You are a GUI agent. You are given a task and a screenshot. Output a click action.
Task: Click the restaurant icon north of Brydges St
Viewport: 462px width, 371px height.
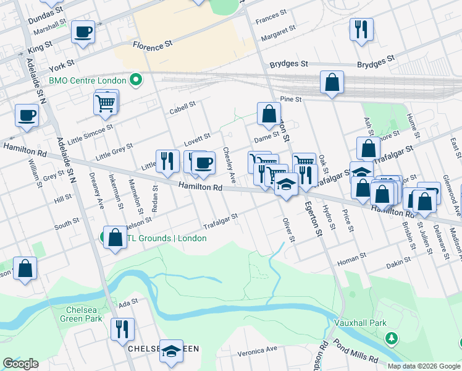361,29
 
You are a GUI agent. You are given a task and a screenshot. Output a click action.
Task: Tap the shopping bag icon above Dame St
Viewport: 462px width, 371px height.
269,113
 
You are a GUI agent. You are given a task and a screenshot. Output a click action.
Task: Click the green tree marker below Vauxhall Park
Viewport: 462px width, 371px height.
390,338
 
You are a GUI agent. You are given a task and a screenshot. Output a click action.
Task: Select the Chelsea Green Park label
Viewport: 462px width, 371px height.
81,314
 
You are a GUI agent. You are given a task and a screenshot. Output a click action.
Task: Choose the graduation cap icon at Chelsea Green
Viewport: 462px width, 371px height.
171,350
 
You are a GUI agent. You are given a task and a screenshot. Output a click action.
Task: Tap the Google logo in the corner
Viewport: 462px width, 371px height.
20,364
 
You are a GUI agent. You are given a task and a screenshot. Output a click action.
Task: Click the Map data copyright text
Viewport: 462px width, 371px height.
423,366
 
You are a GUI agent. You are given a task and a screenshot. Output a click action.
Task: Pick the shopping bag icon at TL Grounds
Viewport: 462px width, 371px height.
115,237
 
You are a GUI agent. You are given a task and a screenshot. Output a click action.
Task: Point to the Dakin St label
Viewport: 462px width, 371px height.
398,263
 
